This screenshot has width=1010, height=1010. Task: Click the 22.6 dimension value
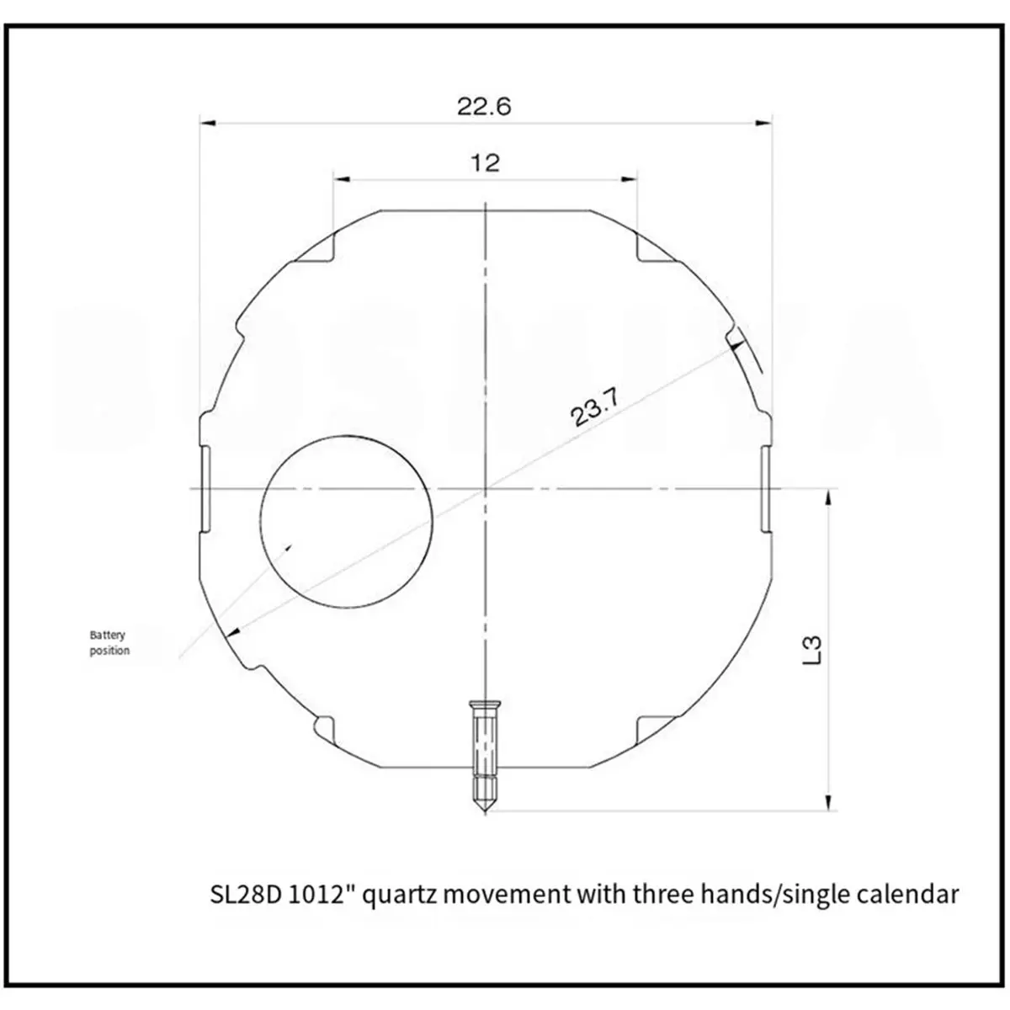click(x=484, y=107)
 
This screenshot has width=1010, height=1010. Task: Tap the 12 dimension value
click(x=486, y=163)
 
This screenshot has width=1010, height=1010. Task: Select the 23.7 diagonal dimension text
click(x=595, y=407)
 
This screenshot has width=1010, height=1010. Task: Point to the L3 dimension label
click(x=811, y=651)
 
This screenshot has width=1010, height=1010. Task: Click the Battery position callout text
click(x=109, y=642)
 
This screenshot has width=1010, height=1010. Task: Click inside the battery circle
click(x=347, y=522)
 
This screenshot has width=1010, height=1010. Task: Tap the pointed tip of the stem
click(x=486, y=812)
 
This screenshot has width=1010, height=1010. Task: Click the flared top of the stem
click(x=486, y=704)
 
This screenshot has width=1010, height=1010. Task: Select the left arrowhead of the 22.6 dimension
click(x=208, y=123)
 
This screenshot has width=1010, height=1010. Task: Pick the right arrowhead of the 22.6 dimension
click(x=764, y=123)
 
